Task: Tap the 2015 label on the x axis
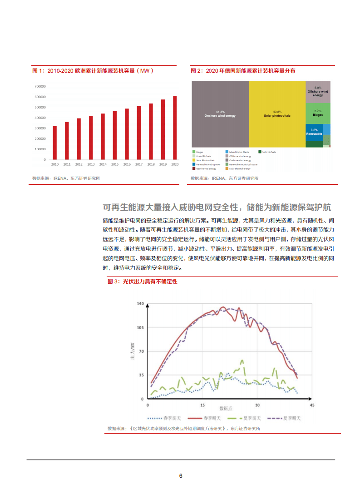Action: (115, 164)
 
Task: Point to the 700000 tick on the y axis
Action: (39, 86)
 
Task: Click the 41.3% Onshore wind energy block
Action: (220, 114)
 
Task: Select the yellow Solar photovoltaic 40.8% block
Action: (277, 114)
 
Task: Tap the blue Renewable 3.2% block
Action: (314, 133)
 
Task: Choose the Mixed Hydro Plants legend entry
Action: (238, 152)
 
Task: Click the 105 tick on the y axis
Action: (140, 327)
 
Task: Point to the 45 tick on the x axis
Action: (311, 405)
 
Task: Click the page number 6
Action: (181, 476)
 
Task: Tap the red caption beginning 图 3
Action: (142, 282)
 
